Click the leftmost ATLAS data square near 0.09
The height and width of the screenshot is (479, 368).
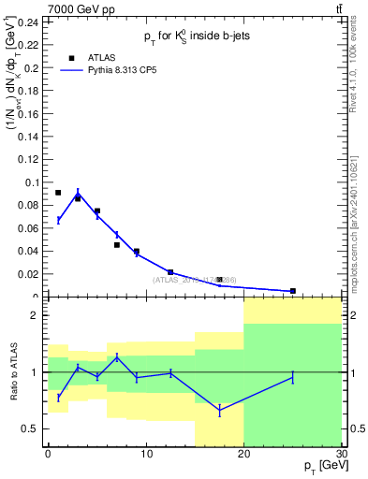click(58, 193)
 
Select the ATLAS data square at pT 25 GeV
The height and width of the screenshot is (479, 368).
click(292, 291)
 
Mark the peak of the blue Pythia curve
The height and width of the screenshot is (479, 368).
click(78, 195)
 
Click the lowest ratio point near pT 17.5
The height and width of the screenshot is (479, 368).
click(219, 410)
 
